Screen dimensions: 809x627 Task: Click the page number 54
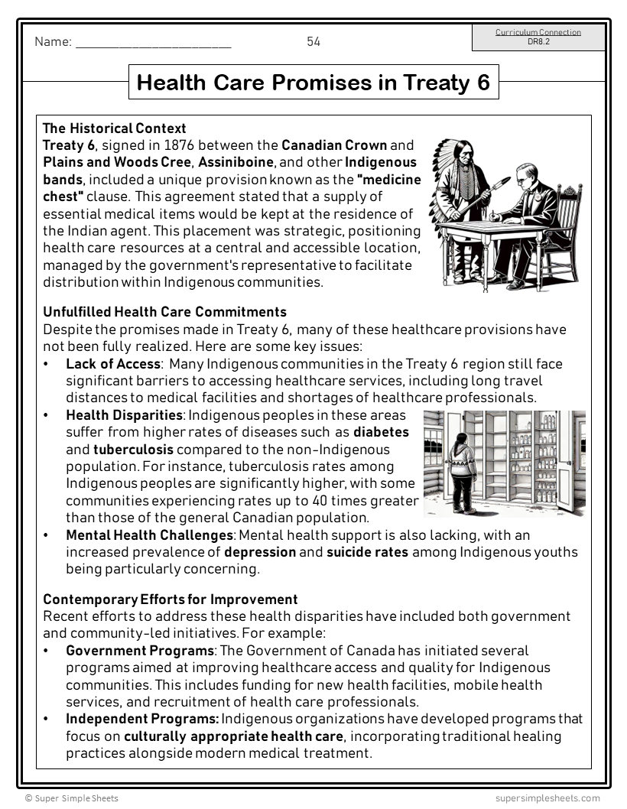coord(313,42)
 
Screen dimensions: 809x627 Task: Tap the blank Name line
coord(153,44)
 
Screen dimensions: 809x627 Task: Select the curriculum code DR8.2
coord(538,42)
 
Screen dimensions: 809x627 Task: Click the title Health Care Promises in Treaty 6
coord(313,82)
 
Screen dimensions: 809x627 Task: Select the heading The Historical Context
coord(115,128)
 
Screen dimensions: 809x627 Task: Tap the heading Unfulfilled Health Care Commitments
coord(164,312)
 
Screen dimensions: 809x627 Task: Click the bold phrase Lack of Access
coord(113,364)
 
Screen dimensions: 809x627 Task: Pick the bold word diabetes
coord(381,432)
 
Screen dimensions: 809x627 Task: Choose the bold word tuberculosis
coord(133,449)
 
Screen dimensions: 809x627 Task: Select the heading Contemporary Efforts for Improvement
coord(170,599)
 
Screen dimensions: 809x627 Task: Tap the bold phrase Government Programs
coord(140,651)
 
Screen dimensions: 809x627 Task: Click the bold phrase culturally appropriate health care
coord(233,736)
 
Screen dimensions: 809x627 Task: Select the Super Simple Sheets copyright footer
coord(72,798)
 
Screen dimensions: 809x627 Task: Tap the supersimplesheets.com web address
coord(547,798)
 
